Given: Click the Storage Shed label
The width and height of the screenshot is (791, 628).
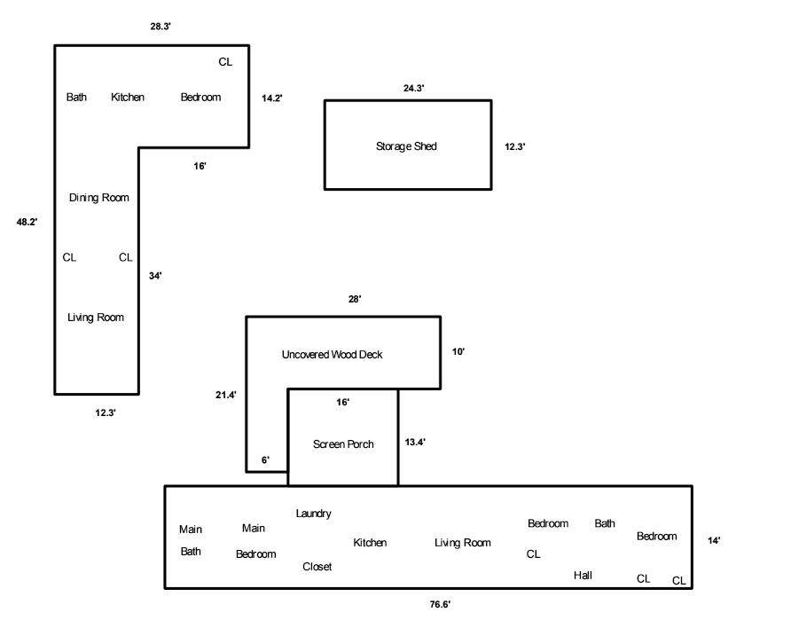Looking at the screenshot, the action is [x=406, y=146].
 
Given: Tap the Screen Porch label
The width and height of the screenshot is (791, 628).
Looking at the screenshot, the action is [x=343, y=444].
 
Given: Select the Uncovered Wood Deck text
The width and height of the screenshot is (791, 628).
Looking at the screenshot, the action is [x=332, y=355].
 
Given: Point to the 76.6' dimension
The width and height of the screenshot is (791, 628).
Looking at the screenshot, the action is [x=440, y=604].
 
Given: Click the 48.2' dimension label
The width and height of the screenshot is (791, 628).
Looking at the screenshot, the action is [x=27, y=222].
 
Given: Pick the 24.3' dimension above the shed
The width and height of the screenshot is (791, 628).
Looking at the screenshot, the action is [x=413, y=89].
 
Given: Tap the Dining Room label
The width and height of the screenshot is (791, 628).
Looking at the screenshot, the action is [x=99, y=198].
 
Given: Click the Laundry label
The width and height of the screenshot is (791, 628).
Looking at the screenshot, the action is [x=313, y=514].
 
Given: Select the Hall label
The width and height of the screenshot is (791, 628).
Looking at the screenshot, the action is [x=583, y=575].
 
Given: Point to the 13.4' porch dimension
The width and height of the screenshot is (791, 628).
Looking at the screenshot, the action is [x=415, y=443].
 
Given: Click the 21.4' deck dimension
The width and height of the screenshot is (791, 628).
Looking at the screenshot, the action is [x=225, y=395].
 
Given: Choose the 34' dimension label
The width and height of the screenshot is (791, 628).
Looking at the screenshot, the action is [x=155, y=276].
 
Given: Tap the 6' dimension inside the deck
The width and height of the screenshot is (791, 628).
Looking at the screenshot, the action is [x=265, y=460].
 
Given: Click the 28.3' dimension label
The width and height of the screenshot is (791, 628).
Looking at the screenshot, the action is [x=161, y=27].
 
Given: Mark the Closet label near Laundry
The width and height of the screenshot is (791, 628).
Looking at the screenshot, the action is [x=317, y=567].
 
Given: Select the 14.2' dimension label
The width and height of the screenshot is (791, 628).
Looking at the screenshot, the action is [x=271, y=98].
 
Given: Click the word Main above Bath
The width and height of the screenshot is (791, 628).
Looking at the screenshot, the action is [x=190, y=530].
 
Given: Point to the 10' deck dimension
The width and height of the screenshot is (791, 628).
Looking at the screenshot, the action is [x=458, y=351].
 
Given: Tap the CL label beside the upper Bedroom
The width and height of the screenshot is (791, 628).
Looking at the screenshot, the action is [x=225, y=61].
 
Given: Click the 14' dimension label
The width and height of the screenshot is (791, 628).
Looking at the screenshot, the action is [x=714, y=541].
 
